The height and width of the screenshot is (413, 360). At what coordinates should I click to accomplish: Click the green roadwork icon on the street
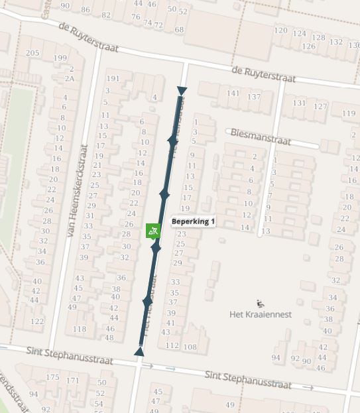click(x=153, y=231)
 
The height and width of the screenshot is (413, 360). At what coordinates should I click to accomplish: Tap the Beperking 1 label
click(x=194, y=221)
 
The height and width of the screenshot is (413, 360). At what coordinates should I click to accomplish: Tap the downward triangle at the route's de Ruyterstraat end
click(x=182, y=91)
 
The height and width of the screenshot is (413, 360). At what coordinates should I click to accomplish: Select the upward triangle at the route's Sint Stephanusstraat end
click(x=139, y=351)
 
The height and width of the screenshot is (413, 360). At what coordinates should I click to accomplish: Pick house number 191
click(x=113, y=78)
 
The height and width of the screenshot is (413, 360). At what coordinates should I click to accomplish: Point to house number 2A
click(x=70, y=78)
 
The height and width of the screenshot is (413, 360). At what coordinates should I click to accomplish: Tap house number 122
click(x=37, y=322)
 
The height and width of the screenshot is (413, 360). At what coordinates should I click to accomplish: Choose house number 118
click(x=80, y=329)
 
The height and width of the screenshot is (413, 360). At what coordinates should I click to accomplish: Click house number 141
click(x=233, y=93)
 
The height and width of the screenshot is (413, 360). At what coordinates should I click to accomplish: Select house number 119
click(x=349, y=113)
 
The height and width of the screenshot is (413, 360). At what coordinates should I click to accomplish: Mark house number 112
click(x=172, y=346)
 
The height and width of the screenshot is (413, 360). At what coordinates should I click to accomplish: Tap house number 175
click(x=52, y=378)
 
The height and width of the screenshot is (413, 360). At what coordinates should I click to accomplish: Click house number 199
click(x=60, y=58)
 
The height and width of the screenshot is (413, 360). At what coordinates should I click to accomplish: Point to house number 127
click(x=321, y=106)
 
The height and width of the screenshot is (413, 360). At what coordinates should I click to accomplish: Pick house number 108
click(x=190, y=347)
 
